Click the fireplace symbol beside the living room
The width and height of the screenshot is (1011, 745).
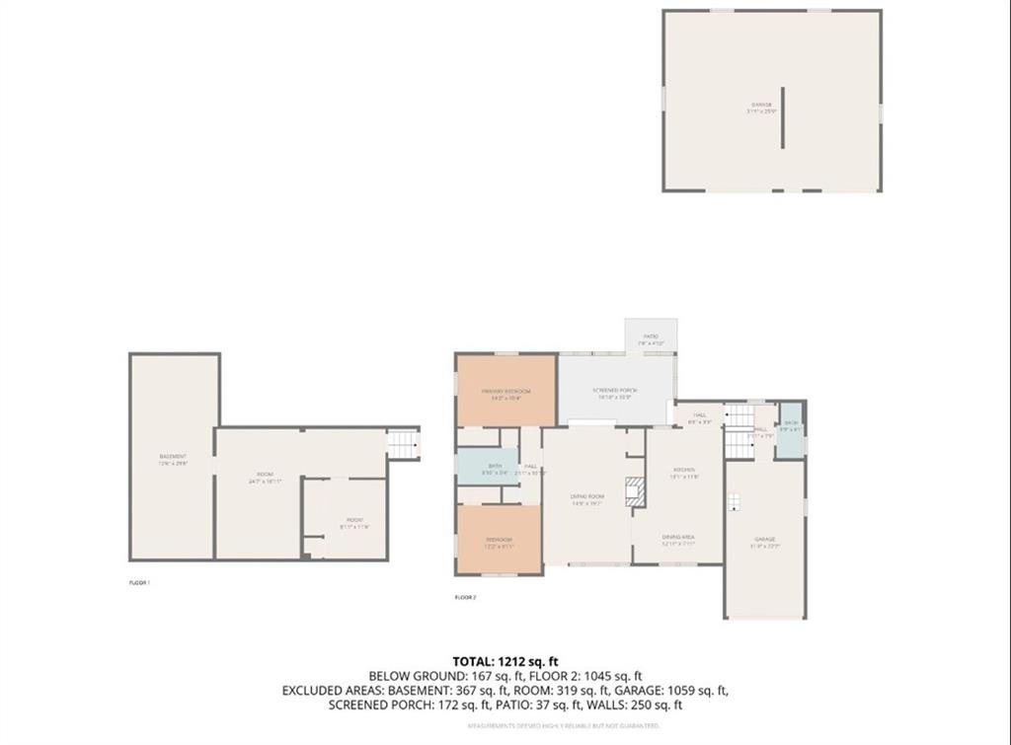point(636,491)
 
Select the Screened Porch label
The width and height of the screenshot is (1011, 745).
point(615,392)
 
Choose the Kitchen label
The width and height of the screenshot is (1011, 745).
point(684,472)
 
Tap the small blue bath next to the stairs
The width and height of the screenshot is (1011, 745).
point(790,431)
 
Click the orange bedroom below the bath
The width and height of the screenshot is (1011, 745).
point(499,540)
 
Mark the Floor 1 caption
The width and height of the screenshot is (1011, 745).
point(139,583)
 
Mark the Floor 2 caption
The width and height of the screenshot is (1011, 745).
point(465,598)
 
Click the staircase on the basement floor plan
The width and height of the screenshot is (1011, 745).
point(403,444)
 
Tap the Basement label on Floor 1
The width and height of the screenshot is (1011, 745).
point(174,458)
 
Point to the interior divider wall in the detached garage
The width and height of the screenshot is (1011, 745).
point(783,117)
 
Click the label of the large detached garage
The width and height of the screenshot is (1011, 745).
point(761,109)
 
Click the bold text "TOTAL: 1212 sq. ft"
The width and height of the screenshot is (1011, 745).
point(505,660)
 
